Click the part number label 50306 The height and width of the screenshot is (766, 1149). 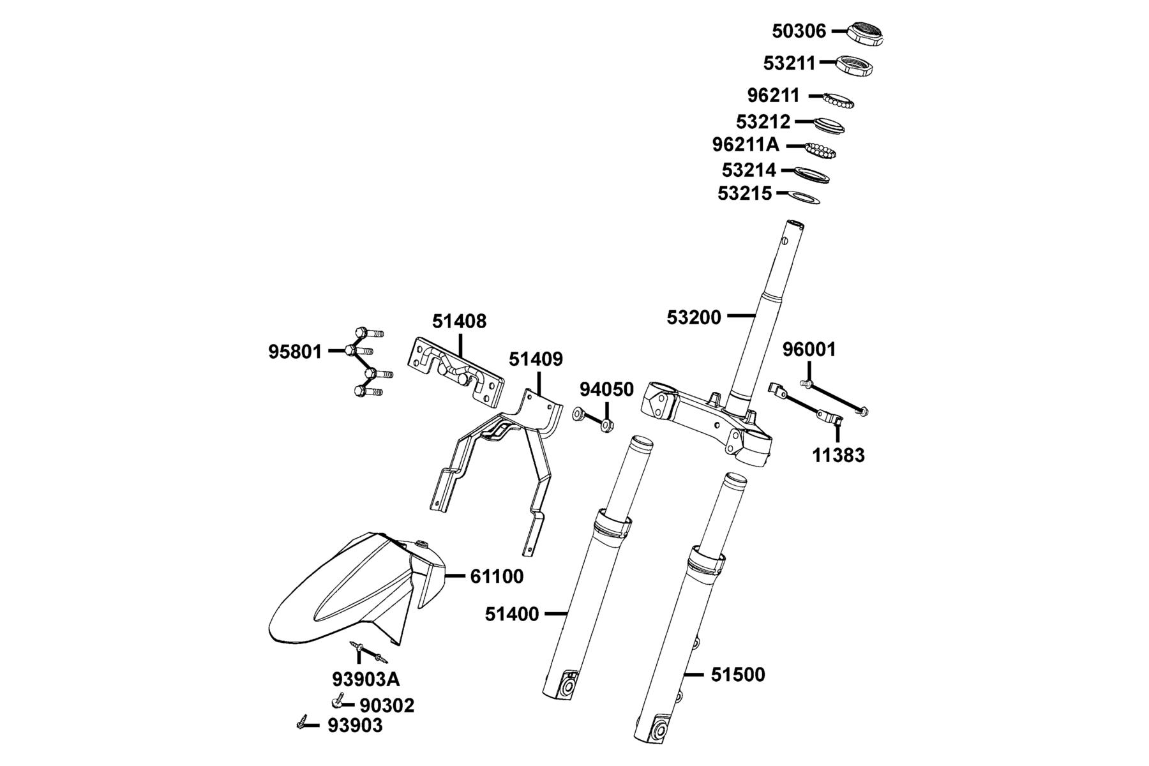pos(799,31)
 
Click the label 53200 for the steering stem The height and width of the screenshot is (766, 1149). pos(694,317)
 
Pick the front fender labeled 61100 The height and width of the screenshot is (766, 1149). pos(356,588)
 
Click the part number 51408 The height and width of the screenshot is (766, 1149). pos(459,321)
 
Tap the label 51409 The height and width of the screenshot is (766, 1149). pos(536,359)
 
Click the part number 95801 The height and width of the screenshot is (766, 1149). pos(295,352)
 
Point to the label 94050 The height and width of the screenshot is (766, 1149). pos(606,389)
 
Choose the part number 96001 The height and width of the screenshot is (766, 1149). pos(809,349)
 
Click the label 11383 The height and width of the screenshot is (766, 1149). pos(838,455)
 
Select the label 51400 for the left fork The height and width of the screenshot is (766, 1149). pos(512,614)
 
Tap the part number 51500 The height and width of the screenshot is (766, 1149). pos(738,675)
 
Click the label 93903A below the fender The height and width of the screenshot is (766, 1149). pos(366,679)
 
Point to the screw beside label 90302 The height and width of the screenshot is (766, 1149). pos(337,702)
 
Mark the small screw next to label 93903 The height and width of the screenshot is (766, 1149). pos(303,722)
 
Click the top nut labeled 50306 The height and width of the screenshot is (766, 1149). pos(865,34)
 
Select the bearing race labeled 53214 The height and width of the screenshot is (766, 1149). pos(812,174)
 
